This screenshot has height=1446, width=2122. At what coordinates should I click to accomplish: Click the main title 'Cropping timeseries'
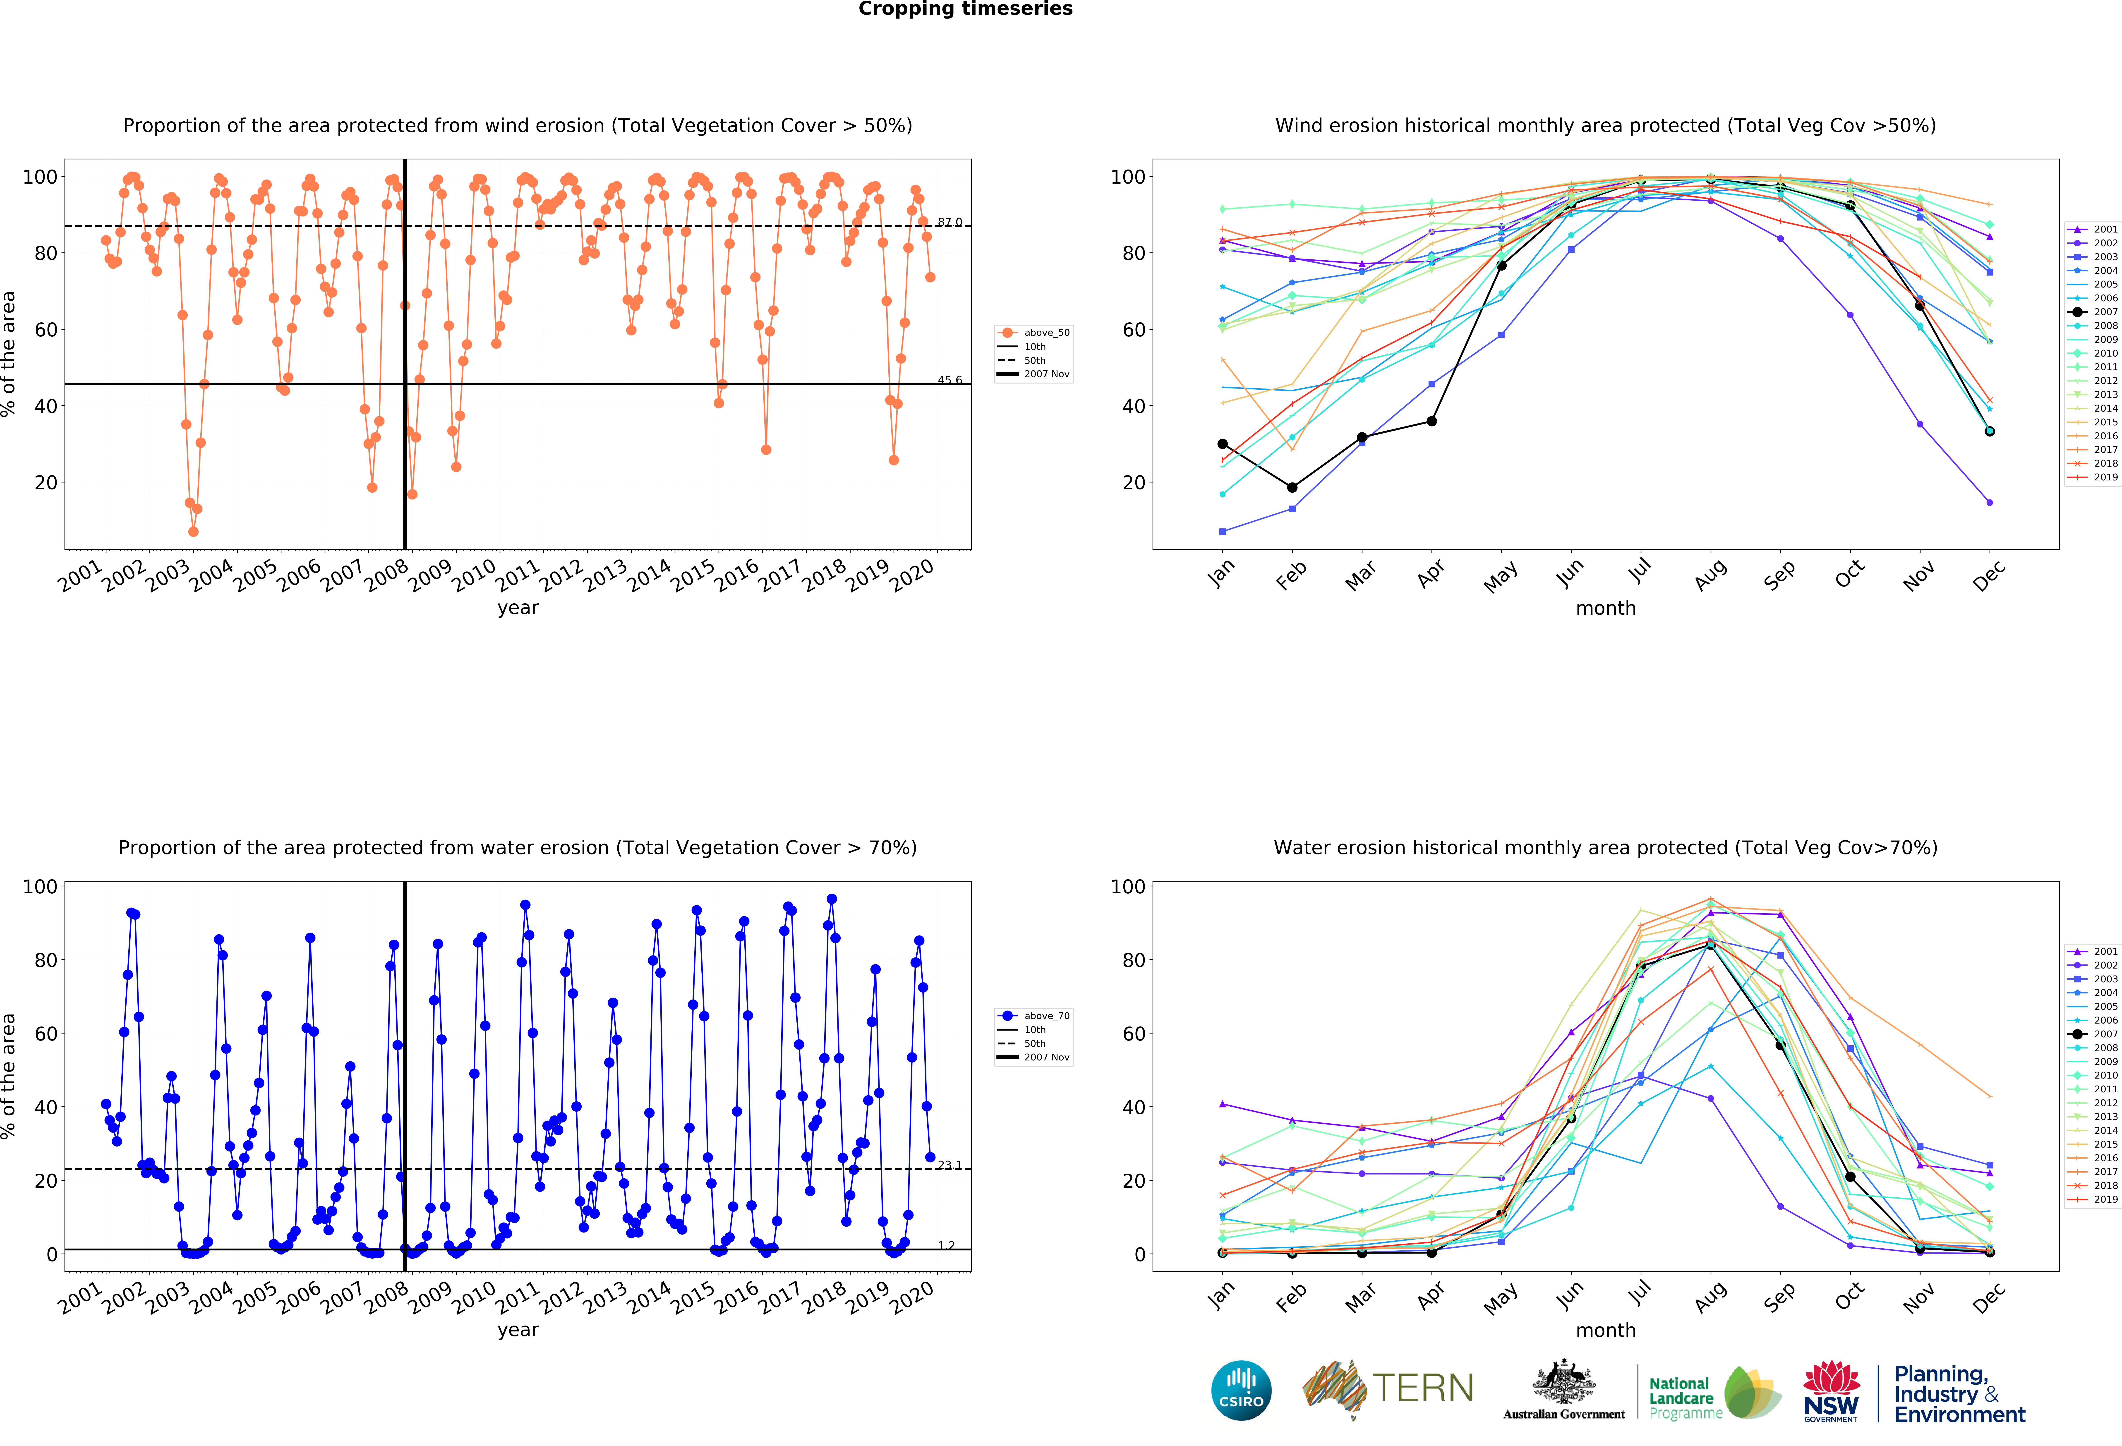click(965, 9)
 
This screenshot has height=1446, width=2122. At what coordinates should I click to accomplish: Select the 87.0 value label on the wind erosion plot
click(949, 222)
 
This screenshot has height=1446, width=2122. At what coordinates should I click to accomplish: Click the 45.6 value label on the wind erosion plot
click(949, 380)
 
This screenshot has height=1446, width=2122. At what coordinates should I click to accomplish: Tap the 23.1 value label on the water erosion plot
click(949, 1165)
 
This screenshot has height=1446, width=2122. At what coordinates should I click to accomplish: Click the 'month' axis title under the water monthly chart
click(1605, 1330)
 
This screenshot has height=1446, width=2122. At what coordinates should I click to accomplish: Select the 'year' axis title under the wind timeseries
click(518, 608)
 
